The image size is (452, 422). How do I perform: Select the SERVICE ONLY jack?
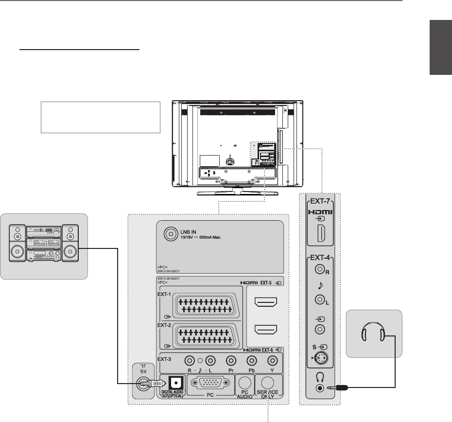pyautogui.click(x=269, y=383)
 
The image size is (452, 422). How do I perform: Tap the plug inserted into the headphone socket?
pyautogui.click(x=340, y=388)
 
